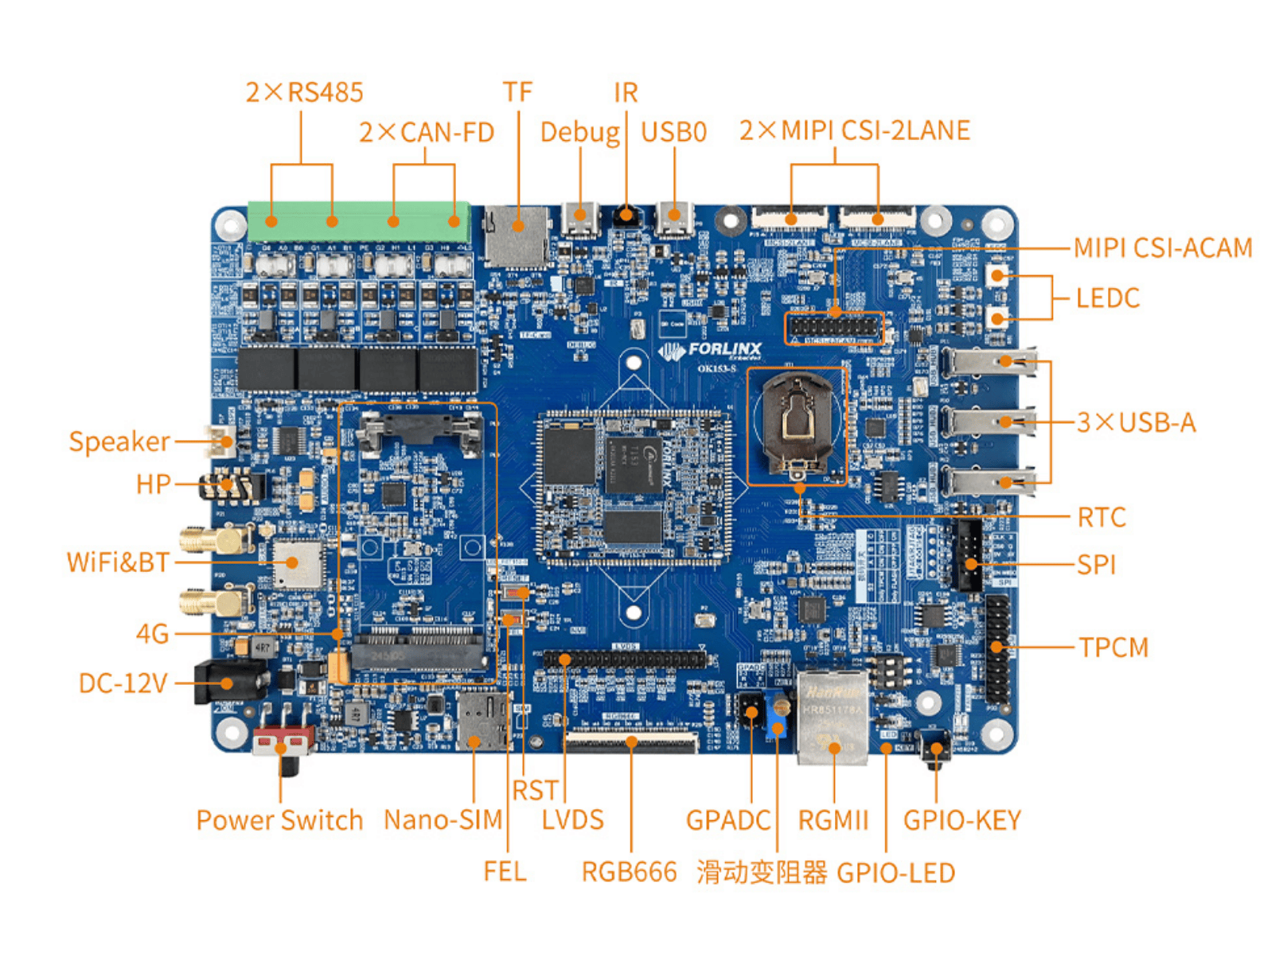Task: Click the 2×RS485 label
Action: tap(304, 92)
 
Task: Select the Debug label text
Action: tap(579, 132)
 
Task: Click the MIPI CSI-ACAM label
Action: tap(1162, 248)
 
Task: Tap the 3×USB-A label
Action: tap(1136, 422)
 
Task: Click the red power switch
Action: tap(283, 741)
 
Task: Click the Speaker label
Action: tap(119, 442)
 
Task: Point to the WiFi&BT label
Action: tap(118, 562)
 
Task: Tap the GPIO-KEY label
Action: tap(961, 820)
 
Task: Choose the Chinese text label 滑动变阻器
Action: tap(762, 873)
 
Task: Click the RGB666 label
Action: tap(629, 872)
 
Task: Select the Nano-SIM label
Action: tap(443, 819)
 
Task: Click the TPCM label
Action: tap(1113, 648)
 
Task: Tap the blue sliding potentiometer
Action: tap(778, 720)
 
